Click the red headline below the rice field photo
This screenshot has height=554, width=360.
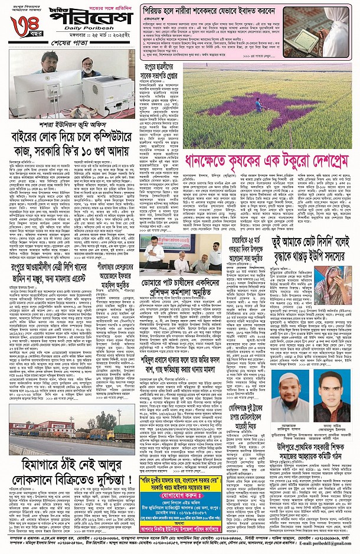pyautogui.click(x=266, y=161)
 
